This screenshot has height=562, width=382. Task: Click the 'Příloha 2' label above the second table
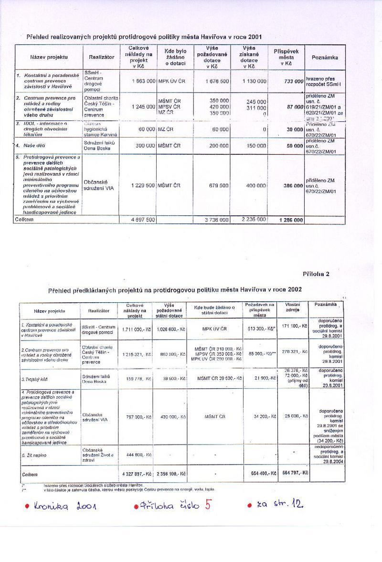click(x=316, y=274)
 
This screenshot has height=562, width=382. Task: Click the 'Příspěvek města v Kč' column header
click(x=286, y=56)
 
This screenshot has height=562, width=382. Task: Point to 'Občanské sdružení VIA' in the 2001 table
click(x=99, y=185)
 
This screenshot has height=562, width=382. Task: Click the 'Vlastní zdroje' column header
click(x=292, y=307)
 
